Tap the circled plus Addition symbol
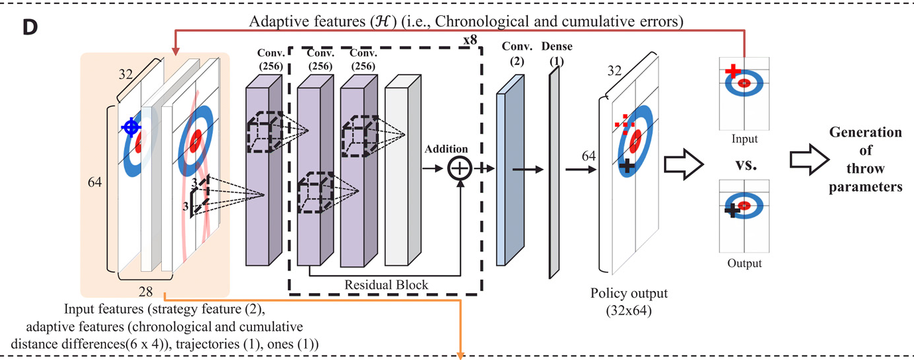click(x=459, y=169)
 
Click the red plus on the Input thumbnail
click(x=732, y=70)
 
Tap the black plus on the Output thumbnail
click(x=732, y=210)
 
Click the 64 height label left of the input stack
click(x=97, y=181)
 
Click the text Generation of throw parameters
click(x=865, y=160)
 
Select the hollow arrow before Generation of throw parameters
click(x=806, y=159)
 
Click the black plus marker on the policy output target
click(x=626, y=166)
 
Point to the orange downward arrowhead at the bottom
click(x=459, y=355)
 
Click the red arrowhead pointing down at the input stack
click(x=176, y=49)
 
